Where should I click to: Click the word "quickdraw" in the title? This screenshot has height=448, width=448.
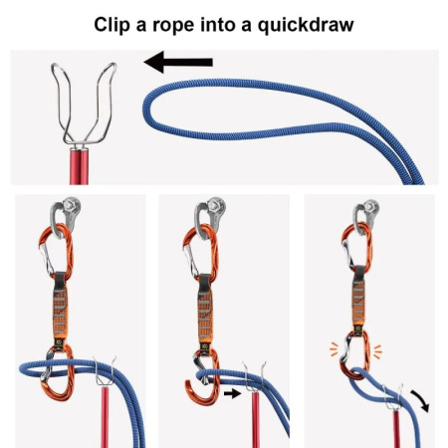(x=301, y=23)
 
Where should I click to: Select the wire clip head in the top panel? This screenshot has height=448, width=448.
(x=83, y=105)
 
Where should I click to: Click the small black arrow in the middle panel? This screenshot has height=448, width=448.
(x=231, y=394)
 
